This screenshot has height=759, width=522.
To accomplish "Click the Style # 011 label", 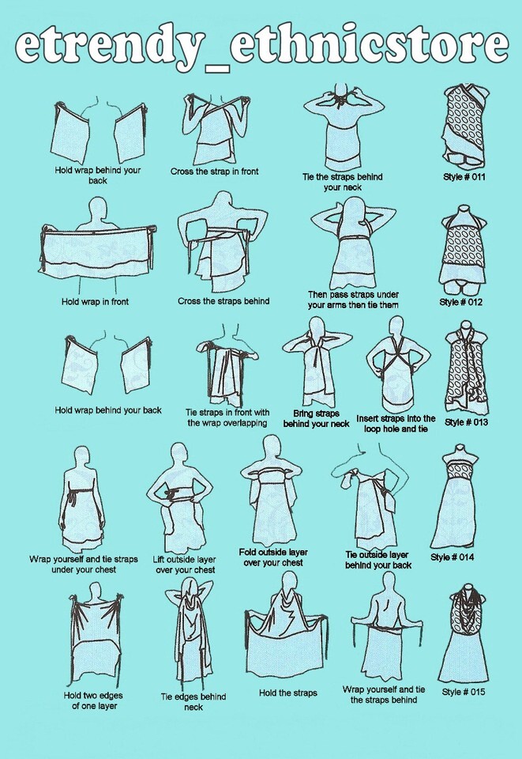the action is [x=464, y=176].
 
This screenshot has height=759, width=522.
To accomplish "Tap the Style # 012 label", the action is [x=460, y=302].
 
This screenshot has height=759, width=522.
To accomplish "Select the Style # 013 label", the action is [x=466, y=422].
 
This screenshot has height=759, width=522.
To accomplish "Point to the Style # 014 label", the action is [x=452, y=557].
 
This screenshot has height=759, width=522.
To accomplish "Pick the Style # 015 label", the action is [x=463, y=692].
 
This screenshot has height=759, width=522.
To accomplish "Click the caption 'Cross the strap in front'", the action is [x=214, y=172].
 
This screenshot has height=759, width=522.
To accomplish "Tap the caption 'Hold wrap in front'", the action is [x=95, y=301].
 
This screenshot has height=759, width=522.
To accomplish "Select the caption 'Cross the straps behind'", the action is [x=223, y=301].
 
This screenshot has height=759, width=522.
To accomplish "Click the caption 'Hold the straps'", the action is [x=287, y=693].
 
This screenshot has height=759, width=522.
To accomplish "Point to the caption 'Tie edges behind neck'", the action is [x=193, y=702].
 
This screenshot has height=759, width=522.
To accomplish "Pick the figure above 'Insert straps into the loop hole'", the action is [x=396, y=364].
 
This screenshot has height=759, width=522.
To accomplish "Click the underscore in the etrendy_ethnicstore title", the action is [x=217, y=69].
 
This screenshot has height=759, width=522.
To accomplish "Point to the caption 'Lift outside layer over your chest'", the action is [x=185, y=565].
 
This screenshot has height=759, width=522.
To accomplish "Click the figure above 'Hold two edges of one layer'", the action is [x=95, y=634].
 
